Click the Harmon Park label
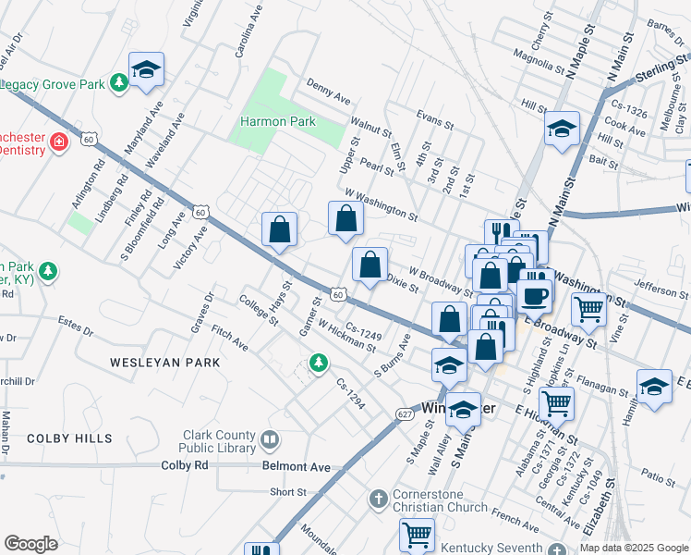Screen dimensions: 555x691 coord(278,121)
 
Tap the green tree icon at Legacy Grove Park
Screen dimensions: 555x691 coord(118,84)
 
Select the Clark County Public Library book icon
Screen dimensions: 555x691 coord(271,438)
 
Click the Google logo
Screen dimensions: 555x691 coord(30,544)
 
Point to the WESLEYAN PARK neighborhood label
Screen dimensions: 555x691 coord(165,363)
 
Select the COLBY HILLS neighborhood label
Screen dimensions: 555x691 coord(69,438)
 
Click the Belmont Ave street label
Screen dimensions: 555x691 coord(296,468)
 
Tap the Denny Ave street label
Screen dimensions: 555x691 coord(329,95)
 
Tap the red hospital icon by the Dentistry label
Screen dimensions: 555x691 coord(58,142)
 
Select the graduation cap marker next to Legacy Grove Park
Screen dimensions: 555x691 coord(146,69)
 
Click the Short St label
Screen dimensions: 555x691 coord(287,492)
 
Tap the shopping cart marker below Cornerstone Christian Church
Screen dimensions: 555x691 coord(417,534)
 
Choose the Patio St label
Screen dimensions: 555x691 coord(659,478)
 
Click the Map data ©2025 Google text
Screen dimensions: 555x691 coord(634,548)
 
